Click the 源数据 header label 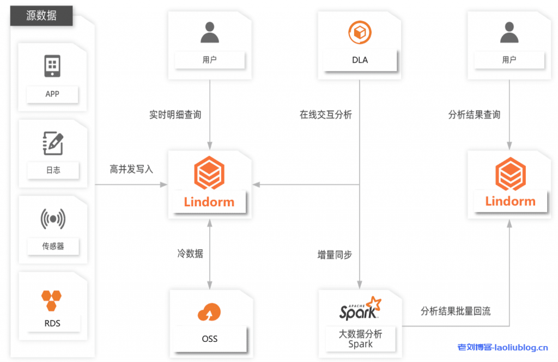(x=41, y=16)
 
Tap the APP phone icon (x=52, y=66)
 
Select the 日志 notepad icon (x=53, y=143)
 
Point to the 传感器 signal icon (x=53, y=219)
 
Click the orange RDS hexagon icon (x=52, y=300)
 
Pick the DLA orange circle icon (x=360, y=33)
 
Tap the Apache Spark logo (x=360, y=308)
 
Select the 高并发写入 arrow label (x=131, y=169)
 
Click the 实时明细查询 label (x=175, y=115)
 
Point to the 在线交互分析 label (x=325, y=115)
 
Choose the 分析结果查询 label (x=474, y=115)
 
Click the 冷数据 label (x=190, y=254)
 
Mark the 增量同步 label (x=334, y=255)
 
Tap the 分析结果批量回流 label (x=456, y=311)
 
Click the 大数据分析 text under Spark (x=360, y=334)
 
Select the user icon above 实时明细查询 (x=209, y=33)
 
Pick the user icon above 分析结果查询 (x=509, y=33)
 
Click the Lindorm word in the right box (x=510, y=201)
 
